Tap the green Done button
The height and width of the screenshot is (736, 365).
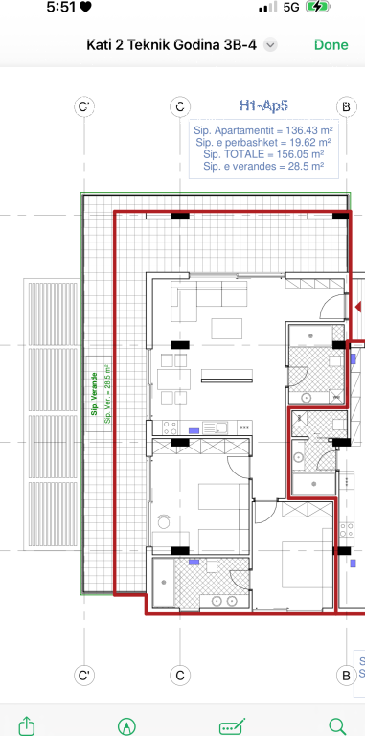(331, 45)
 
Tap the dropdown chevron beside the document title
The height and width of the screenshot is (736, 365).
(271, 45)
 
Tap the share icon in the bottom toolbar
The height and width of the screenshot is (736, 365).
(28, 724)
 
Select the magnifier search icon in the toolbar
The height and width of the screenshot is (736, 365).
(336, 724)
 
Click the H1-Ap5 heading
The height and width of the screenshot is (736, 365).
(262, 106)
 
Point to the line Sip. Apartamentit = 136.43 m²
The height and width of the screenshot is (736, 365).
(262, 129)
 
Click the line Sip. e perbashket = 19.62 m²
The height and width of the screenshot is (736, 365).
(262, 142)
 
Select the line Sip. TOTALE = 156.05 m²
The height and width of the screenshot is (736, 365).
(262, 153)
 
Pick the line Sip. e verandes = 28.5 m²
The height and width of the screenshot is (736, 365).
(262, 166)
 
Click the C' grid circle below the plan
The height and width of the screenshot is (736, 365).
(84, 676)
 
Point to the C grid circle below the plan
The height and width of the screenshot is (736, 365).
(178, 676)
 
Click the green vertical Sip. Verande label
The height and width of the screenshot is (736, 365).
(95, 394)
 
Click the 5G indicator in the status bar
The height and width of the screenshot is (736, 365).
(292, 8)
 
